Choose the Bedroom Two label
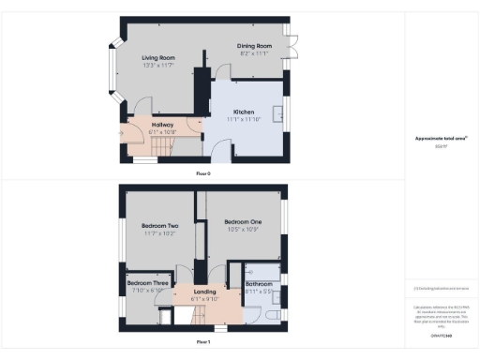pos(159,225)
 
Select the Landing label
pos(205,292)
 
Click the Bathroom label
pos(259,283)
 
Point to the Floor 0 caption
pos(203,174)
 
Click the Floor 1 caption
pos(203,342)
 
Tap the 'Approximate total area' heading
pos(441,139)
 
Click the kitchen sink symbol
pos(278,114)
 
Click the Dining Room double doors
pos(292,43)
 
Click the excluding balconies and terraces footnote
pos(441,289)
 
